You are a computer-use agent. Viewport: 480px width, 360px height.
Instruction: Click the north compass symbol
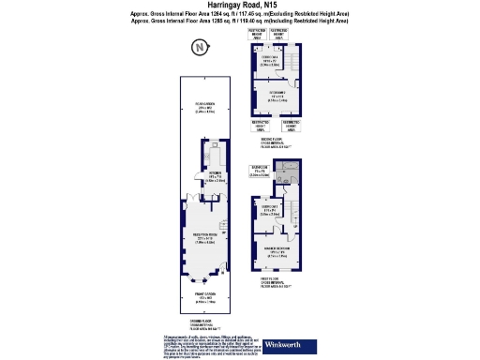[x=198, y=48]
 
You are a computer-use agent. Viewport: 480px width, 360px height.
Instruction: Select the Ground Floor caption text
[x=203, y=325]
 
